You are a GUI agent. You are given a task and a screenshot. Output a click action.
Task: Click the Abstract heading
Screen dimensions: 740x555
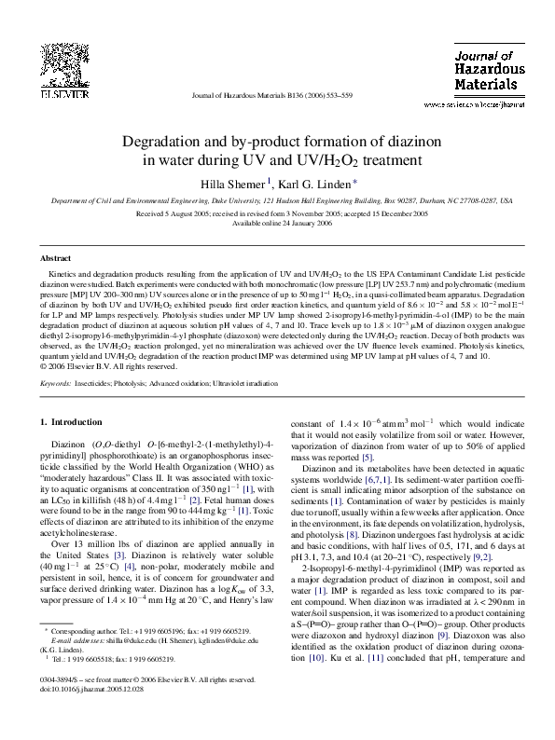tap(56, 256)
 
